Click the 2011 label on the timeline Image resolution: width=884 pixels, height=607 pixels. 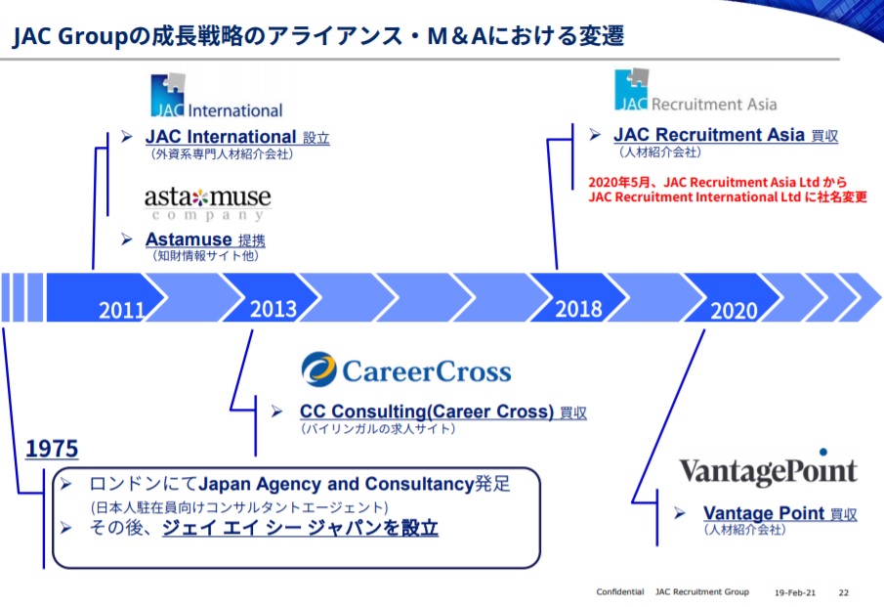[x=122, y=310]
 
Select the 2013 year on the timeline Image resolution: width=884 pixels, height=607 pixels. [x=273, y=309]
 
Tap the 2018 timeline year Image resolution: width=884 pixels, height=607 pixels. [x=578, y=309]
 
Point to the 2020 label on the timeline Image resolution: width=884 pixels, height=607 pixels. [x=734, y=310]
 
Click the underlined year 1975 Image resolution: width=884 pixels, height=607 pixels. [x=52, y=449]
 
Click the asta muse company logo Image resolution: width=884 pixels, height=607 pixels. [x=207, y=204]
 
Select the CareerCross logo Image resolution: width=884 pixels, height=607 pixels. [x=406, y=370]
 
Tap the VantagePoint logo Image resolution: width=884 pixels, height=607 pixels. [x=768, y=467]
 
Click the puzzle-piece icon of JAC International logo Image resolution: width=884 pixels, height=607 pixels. [x=168, y=95]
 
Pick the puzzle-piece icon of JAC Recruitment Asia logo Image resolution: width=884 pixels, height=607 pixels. [x=631, y=89]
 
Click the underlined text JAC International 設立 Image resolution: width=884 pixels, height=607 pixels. [x=237, y=137]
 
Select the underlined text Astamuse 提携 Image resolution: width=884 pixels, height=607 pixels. [x=205, y=239]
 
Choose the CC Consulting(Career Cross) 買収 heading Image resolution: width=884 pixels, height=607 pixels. [x=443, y=412]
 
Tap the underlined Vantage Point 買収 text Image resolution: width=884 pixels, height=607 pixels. [x=780, y=513]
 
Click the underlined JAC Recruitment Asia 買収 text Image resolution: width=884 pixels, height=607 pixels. [x=726, y=136]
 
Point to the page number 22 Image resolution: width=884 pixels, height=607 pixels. [x=843, y=592]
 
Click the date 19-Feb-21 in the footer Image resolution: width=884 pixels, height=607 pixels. [x=795, y=592]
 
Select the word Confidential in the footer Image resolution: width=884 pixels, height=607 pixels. [x=620, y=591]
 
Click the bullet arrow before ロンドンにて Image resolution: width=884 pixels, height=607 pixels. [x=66, y=484]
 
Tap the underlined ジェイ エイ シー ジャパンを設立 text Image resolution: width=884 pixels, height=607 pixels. [x=300, y=528]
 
